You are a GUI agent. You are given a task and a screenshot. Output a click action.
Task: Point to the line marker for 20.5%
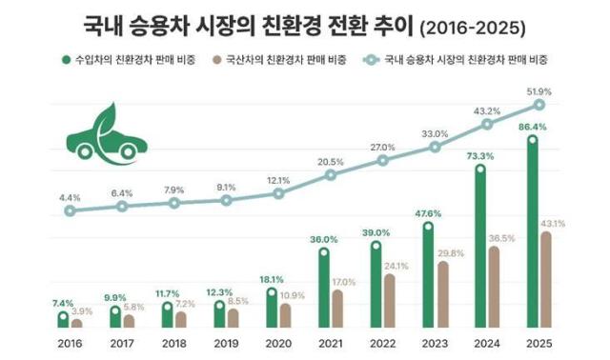click(x=331, y=174)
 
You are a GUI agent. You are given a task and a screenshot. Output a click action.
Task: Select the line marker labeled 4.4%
click(x=70, y=210)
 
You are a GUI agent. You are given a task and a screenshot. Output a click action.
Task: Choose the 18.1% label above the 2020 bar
click(x=272, y=279)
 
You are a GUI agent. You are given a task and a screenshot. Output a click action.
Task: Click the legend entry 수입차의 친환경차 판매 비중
click(x=112, y=59)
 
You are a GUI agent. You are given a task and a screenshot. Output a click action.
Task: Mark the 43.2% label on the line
click(x=487, y=110)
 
